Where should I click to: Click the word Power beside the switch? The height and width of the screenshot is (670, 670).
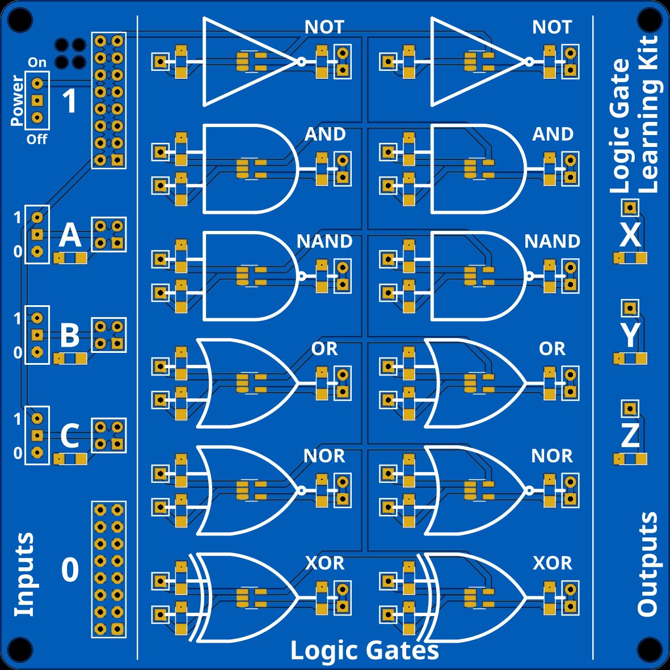[x=17, y=100]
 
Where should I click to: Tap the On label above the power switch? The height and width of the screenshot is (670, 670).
[x=37, y=63]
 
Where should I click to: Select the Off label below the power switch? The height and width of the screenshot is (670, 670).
[x=37, y=140]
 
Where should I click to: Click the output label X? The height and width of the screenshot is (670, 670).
[x=630, y=235]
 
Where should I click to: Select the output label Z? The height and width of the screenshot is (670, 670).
[x=630, y=436]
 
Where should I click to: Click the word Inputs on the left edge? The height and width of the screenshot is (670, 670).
[x=24, y=574]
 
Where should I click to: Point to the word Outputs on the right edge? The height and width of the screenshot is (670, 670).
[x=647, y=563]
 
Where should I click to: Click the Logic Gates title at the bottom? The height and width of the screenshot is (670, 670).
[x=364, y=650]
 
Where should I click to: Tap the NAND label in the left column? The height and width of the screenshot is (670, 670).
[x=325, y=242]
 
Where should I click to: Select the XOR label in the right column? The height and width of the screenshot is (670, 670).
[x=552, y=563]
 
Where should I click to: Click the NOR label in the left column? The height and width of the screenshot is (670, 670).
[x=325, y=456]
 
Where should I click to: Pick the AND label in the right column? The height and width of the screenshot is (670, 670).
[x=552, y=134]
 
